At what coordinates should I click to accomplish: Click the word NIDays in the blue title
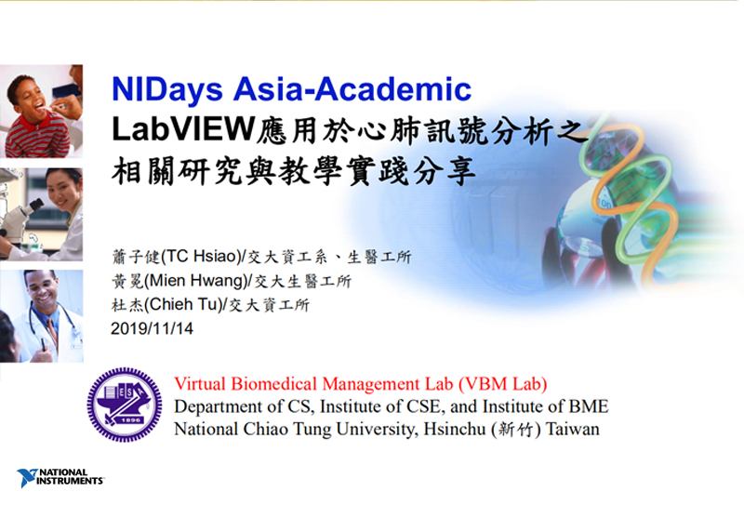(167, 90)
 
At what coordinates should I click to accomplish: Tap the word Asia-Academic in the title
(352, 88)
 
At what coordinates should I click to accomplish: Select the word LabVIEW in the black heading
(183, 129)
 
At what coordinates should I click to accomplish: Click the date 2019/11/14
(152, 328)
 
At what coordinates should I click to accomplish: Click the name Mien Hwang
(196, 281)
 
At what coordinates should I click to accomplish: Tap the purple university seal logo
(125, 405)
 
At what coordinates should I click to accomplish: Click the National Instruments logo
(60, 477)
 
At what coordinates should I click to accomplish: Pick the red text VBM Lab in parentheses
(503, 383)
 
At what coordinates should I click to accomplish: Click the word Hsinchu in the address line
(455, 429)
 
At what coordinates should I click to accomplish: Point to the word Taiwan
(573, 429)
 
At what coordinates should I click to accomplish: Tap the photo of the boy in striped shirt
(41, 111)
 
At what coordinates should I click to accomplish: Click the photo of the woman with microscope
(41, 214)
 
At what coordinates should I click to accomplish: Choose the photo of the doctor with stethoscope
(41, 316)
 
